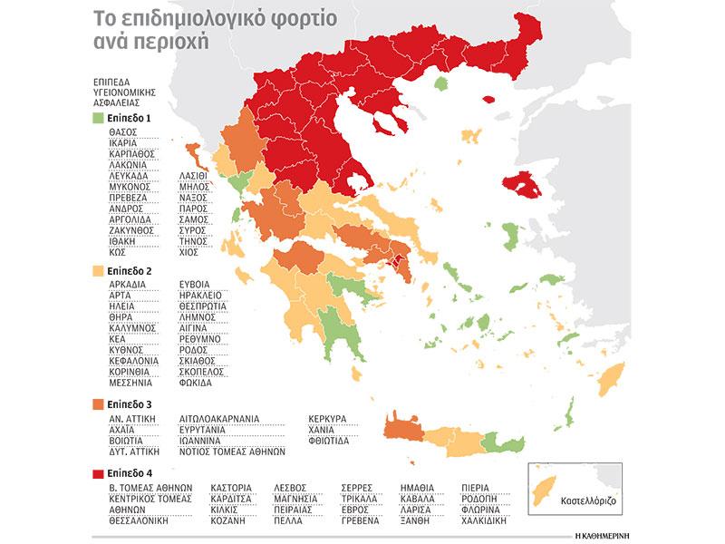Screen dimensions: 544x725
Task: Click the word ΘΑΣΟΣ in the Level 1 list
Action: click(x=110, y=131)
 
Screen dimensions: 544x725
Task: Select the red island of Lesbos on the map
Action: click(x=525, y=186)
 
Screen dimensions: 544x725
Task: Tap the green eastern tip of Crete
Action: click(x=498, y=442)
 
